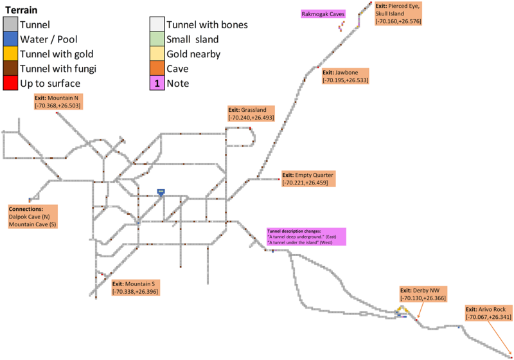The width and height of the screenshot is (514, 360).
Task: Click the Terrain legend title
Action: [23, 11]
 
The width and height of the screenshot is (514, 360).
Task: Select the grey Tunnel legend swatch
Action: [10, 24]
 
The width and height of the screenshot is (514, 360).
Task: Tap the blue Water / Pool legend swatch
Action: [10, 39]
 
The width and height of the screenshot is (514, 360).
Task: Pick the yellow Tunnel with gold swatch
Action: [10, 53]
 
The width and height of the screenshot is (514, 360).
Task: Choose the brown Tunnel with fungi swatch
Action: [10, 68]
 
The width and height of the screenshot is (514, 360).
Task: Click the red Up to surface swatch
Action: [10, 83]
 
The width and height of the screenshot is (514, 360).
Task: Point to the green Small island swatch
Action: [156, 39]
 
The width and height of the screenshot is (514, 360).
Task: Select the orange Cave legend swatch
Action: [156, 68]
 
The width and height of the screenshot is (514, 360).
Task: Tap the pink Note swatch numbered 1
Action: [156, 83]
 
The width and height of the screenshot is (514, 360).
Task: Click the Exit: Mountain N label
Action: [57, 101]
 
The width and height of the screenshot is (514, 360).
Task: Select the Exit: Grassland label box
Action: [251, 114]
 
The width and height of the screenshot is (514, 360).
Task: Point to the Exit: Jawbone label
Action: [345, 76]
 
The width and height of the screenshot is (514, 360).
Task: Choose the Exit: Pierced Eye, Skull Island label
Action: [398, 13]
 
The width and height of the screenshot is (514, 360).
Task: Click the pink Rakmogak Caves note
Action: [323, 14]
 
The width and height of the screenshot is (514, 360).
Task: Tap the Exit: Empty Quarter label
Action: [308, 178]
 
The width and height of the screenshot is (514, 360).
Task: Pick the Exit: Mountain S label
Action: [134, 287]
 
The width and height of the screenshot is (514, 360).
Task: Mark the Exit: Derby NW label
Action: [421, 294]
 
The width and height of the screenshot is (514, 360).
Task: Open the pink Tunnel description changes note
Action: [306, 236]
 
